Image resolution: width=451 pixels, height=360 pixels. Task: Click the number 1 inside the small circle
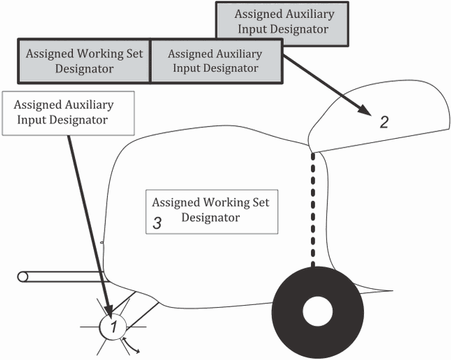tap(114, 326)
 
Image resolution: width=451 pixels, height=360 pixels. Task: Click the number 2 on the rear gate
tap(384, 122)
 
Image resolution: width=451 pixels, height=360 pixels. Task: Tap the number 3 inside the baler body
tap(157, 223)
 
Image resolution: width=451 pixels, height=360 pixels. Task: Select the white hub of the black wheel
tap(318, 311)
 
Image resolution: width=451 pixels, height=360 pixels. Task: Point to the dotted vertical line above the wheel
tap(313, 209)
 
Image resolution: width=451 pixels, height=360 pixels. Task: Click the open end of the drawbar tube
tap(22, 277)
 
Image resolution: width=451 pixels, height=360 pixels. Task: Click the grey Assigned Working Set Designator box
tap(84, 61)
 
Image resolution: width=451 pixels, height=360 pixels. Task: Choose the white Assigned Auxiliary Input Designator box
tap(68, 113)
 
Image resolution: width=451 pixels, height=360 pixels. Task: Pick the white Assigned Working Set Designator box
tap(212, 212)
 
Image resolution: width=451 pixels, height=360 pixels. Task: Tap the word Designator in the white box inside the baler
tap(210, 218)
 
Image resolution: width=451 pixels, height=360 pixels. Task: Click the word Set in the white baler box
tap(261, 202)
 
